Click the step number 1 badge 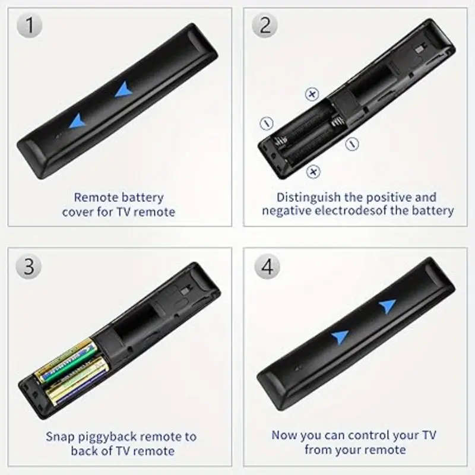[29, 27]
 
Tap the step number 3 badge [29, 265]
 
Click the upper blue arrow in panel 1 [124, 89]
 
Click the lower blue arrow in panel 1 [77, 121]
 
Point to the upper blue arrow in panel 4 [387, 306]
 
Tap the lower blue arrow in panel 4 [340, 337]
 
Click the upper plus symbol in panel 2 [312, 94]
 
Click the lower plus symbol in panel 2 [313, 172]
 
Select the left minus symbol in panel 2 [267, 123]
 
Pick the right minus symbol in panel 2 [352, 143]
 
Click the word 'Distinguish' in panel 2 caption [309, 197]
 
